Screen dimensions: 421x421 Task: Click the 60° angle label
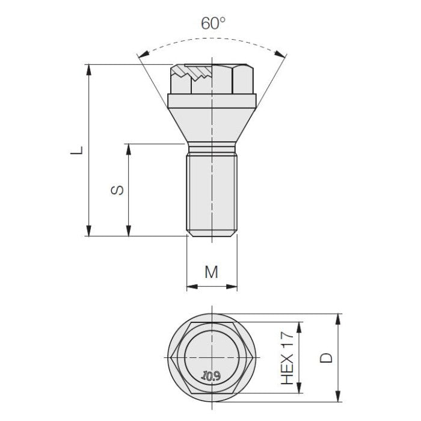coord(214,25)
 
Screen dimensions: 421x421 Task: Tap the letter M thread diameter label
coord(211,272)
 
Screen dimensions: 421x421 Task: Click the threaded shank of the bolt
coord(212,192)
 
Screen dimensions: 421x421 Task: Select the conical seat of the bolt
coord(212,123)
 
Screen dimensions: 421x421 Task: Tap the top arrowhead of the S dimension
coord(128,149)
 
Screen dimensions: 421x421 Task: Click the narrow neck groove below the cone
coord(212,149)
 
